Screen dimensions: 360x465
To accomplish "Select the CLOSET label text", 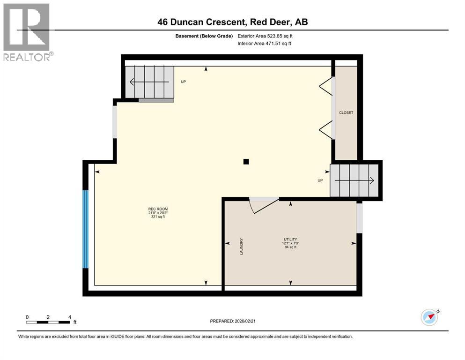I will pos(346,113).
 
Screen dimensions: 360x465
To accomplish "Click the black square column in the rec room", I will pos(246,162).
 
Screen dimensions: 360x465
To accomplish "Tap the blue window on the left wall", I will pos(86,229).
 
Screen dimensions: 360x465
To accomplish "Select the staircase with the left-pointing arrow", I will pos(150,82).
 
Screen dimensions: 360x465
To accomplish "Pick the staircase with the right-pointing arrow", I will pos(354,180).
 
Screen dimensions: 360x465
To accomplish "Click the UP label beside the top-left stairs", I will pos(184,82).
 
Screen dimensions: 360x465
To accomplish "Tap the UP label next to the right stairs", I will pos(320,180).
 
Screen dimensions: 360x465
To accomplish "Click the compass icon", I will pos(429,317).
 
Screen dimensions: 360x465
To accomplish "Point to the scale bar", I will pos(49,322).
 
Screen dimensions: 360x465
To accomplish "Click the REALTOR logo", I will pos(27,32).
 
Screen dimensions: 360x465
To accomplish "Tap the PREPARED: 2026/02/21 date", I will pos(233,321).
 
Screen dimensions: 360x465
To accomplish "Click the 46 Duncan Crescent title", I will pos(232,22).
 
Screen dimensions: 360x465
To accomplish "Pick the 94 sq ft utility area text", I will pos(290,247).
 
